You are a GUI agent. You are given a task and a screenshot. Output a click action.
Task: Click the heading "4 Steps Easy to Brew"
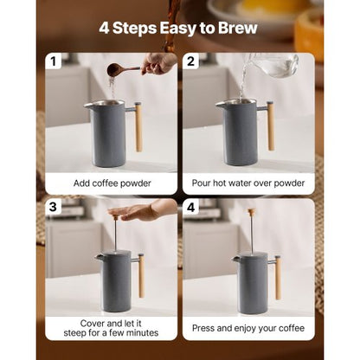click(180, 28)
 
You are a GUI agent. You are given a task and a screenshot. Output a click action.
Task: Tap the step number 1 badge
click(56, 62)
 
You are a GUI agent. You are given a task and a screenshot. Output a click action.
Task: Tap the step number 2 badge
click(192, 62)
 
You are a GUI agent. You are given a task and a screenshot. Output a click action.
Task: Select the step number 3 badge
click(56, 208)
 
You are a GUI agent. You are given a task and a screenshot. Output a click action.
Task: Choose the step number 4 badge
click(192, 208)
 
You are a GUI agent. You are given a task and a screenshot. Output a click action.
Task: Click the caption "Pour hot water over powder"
click(248, 183)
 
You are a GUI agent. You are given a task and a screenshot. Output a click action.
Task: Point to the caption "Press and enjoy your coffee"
click(248, 328)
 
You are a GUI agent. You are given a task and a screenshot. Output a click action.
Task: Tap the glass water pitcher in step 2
click(273, 66)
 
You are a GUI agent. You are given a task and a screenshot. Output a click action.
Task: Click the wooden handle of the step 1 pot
click(138, 126)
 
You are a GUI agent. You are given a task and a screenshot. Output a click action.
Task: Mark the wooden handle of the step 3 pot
click(140, 276)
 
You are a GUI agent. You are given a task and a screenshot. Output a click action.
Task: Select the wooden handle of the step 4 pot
click(277, 277)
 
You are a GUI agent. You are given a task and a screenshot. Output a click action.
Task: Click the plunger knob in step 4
click(251, 212)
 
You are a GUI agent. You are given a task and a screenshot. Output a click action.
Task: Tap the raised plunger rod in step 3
click(114, 234)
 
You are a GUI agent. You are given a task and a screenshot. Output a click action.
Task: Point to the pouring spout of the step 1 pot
click(87, 106)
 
